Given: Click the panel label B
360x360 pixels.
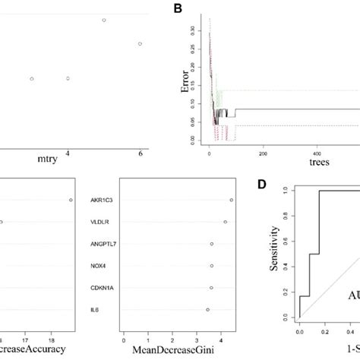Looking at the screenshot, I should tap(178, 9).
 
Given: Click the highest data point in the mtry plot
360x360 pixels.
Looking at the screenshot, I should tap(104, 20).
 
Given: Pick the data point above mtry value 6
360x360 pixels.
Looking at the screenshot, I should tap(140, 44).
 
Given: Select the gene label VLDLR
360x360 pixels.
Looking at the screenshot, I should tap(104, 222).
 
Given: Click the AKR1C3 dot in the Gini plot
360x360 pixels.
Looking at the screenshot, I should tap(231, 200).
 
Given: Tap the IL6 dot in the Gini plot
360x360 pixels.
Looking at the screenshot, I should tap(207, 310).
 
